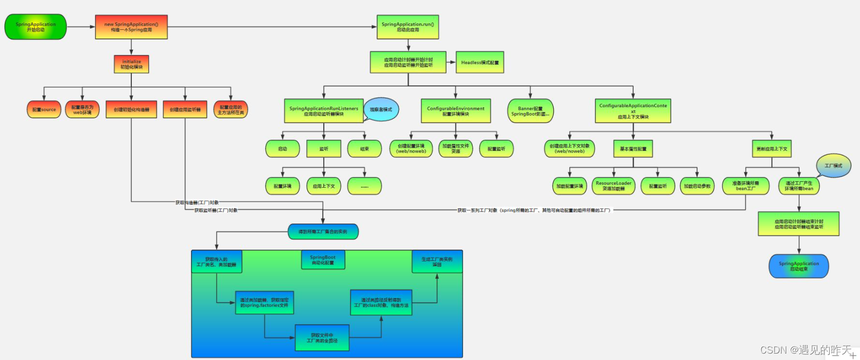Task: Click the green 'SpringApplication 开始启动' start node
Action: pos(36,27)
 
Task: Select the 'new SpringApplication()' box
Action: pos(131,27)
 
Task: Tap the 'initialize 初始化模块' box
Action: pos(131,65)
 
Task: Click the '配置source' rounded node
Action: pos(44,110)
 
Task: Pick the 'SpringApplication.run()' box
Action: pos(408,27)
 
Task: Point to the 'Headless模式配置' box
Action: pos(480,62)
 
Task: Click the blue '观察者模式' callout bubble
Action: pos(381,109)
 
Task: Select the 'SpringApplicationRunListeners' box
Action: pos(324,111)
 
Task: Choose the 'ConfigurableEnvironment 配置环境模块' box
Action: pos(456,111)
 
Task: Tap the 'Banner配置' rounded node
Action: pos(530,111)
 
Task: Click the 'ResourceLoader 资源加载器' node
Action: pos(614,186)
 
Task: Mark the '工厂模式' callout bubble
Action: pos(833,166)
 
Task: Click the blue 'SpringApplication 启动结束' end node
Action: pos(799,266)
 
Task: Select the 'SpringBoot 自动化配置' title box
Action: pos(323,260)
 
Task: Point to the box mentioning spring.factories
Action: pos(264,302)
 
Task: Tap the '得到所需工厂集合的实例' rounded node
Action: pos(323,231)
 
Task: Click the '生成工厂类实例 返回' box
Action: pos(437,261)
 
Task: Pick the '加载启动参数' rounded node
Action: pos(697,186)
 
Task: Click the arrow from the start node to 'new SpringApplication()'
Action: pos(81,27)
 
